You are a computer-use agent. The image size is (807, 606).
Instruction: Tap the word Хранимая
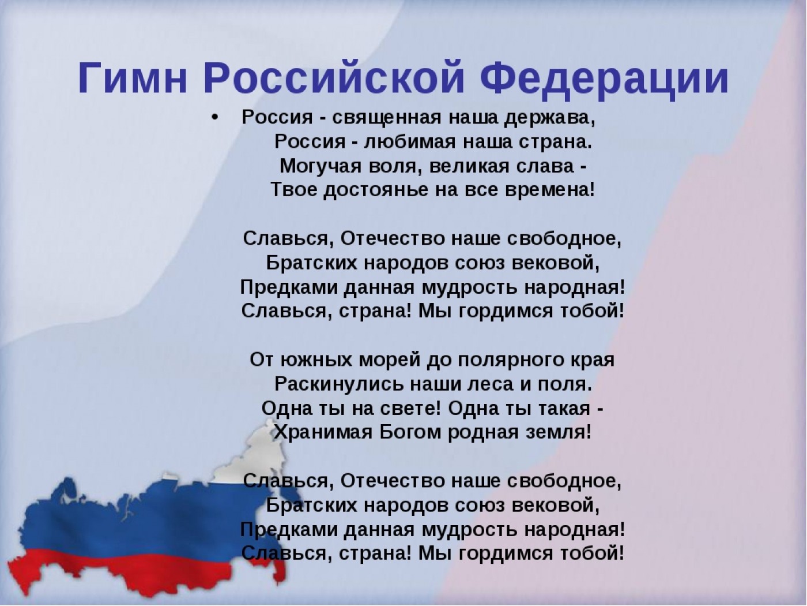323,432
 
